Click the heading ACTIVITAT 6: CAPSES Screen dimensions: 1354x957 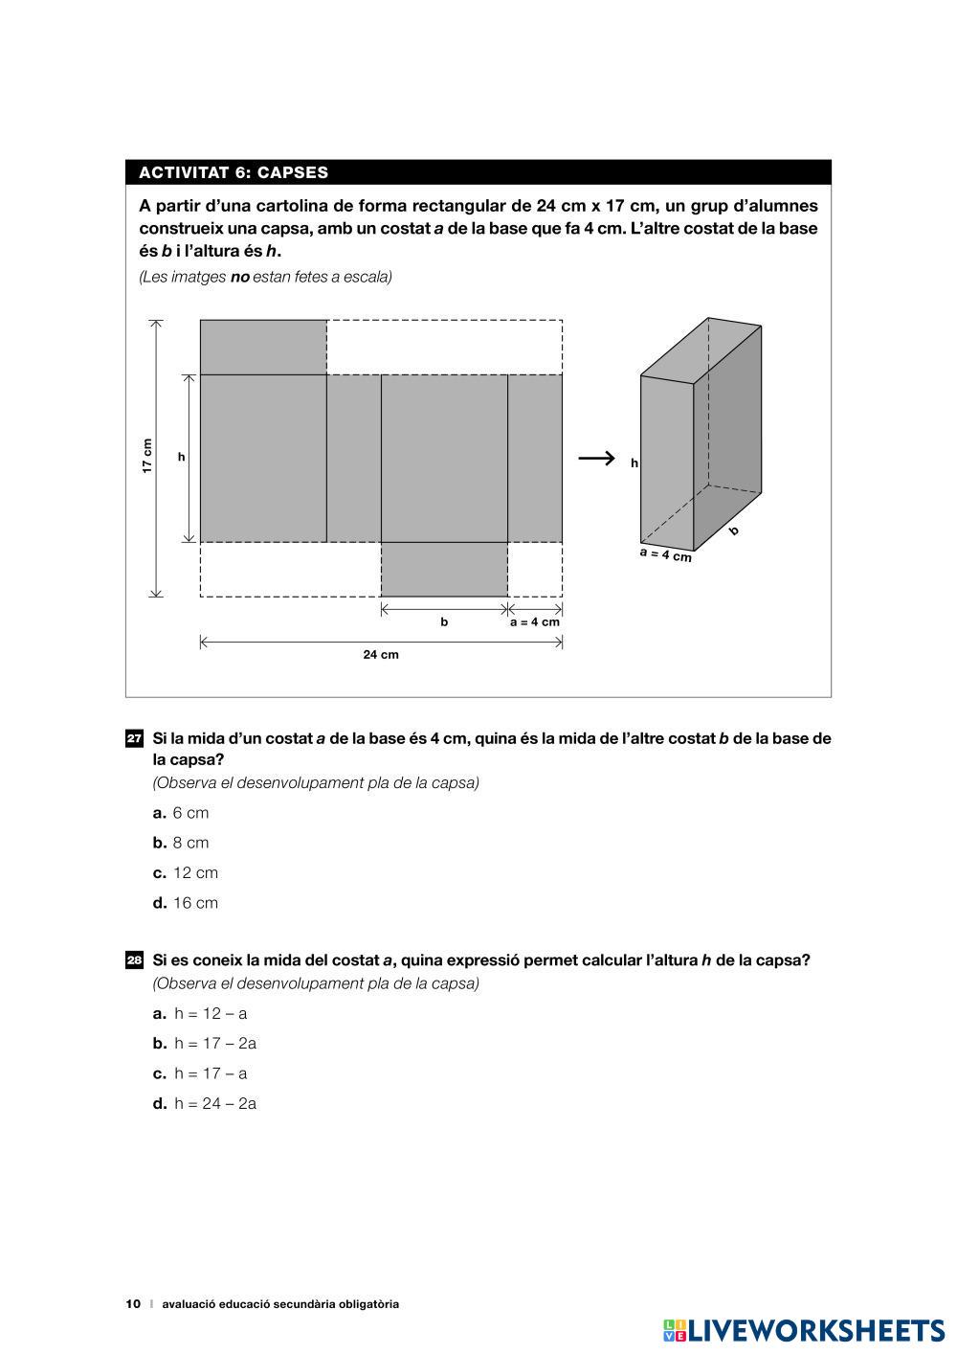pyautogui.click(x=234, y=173)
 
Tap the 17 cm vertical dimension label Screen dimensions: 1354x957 pyautogui.click(x=147, y=456)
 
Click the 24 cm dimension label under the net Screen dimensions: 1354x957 pyautogui.click(x=381, y=655)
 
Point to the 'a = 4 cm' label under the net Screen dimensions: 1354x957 pyautogui.click(x=534, y=621)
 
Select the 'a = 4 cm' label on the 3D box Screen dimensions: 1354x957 pyautogui.click(x=665, y=554)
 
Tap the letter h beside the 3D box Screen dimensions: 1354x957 pyautogui.click(x=634, y=463)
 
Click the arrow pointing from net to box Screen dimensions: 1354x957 pyautogui.click(x=596, y=459)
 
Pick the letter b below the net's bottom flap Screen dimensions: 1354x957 pyautogui.click(x=444, y=622)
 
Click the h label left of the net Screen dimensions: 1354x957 pyautogui.click(x=181, y=458)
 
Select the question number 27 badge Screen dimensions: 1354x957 pyautogui.click(x=135, y=739)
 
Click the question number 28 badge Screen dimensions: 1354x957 pyautogui.click(x=135, y=960)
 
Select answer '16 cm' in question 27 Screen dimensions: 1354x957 pyautogui.click(x=195, y=903)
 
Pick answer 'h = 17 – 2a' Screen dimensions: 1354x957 pyautogui.click(x=215, y=1044)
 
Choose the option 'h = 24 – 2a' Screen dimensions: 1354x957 pyautogui.click(x=215, y=1104)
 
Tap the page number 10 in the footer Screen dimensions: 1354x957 pyautogui.click(x=133, y=1304)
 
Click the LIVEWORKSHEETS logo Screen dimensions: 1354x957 pyautogui.click(x=804, y=1330)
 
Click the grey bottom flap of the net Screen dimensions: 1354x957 pyautogui.click(x=444, y=569)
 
